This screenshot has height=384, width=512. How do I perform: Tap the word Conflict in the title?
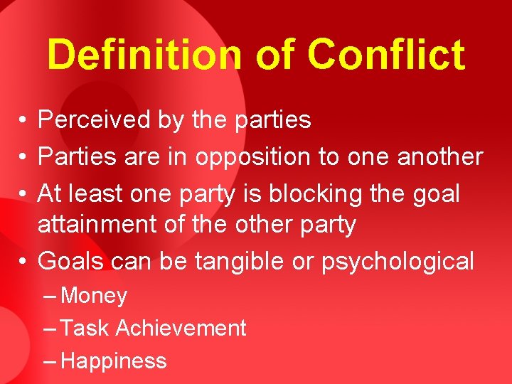coord(387,55)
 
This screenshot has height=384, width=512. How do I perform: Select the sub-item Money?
coord(94,295)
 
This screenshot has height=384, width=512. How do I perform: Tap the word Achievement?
coord(181,328)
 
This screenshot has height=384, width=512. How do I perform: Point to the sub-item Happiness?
coord(114,361)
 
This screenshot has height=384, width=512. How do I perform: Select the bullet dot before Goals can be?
coord(23,261)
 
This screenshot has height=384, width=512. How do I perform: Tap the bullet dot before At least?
coord(23,193)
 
